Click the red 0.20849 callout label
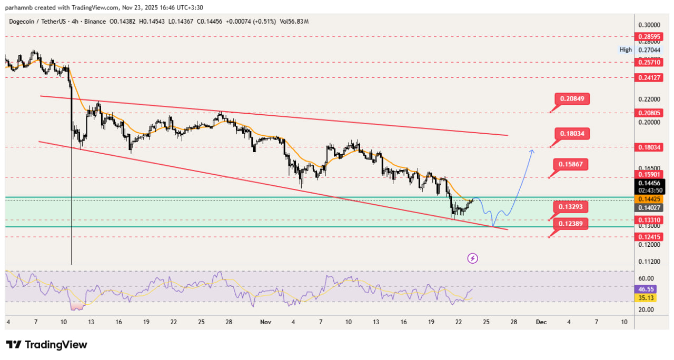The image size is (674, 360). click(x=571, y=98)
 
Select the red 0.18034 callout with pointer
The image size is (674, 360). click(x=571, y=134)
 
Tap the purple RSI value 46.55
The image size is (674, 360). click(x=646, y=289)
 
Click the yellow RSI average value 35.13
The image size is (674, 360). click(x=646, y=298)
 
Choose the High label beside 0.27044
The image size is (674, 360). click(x=626, y=50)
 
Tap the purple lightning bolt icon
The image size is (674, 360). click(x=472, y=258)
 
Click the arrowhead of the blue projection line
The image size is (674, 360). click(x=532, y=151)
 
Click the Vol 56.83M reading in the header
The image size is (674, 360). click(x=294, y=21)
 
